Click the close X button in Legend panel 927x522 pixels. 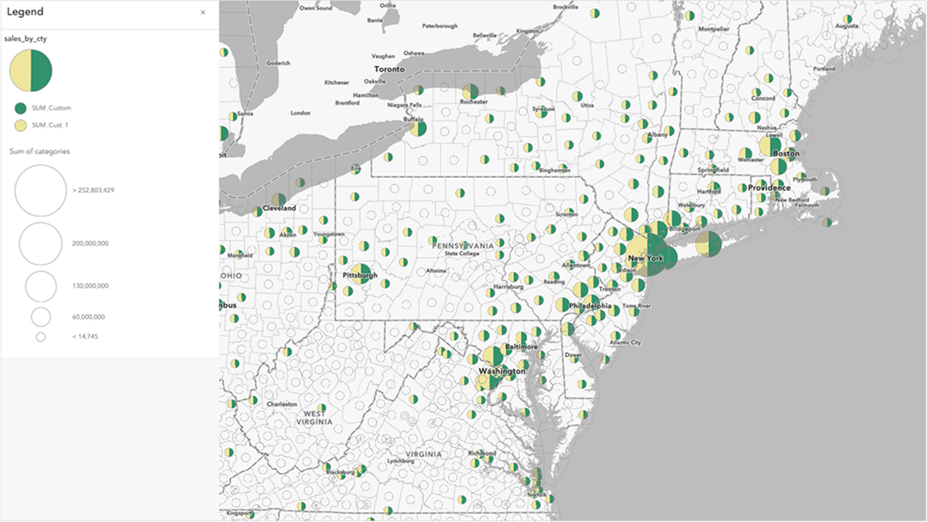203,13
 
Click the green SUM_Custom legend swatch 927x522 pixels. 21,108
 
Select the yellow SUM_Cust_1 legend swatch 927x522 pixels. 21,125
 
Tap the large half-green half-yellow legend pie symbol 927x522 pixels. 31,71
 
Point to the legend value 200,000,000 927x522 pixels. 90,244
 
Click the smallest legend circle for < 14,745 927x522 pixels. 41,337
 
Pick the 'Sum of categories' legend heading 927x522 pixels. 39,151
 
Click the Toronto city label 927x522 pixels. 389,69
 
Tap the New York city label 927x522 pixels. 645,258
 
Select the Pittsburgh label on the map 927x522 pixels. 360,275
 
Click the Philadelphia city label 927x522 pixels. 590,306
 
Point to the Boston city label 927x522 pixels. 785,154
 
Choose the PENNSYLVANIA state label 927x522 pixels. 463,246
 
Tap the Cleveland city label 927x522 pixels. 279,208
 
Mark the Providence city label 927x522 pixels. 769,188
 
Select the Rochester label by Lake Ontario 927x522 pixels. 473,102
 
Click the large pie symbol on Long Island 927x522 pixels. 708,244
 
